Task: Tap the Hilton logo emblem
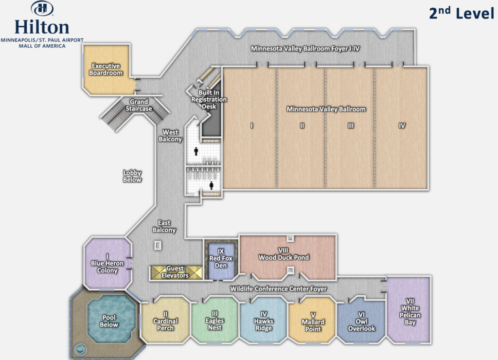click(x=42, y=9)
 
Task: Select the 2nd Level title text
click(x=462, y=13)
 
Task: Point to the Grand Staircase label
click(x=139, y=105)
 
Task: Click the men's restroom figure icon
click(x=196, y=151)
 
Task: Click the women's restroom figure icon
click(x=212, y=185)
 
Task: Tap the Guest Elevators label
click(x=175, y=272)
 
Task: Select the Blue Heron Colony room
click(x=107, y=263)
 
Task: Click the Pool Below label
click(x=109, y=321)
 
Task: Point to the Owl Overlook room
click(x=361, y=321)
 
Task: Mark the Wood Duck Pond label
click(x=284, y=254)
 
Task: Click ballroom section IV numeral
click(x=402, y=126)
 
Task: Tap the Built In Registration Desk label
click(x=209, y=99)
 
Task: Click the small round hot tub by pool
click(x=80, y=349)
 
